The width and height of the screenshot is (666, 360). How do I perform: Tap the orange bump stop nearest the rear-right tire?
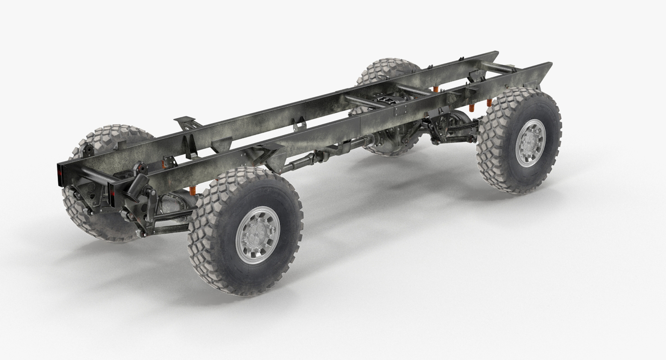489,103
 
